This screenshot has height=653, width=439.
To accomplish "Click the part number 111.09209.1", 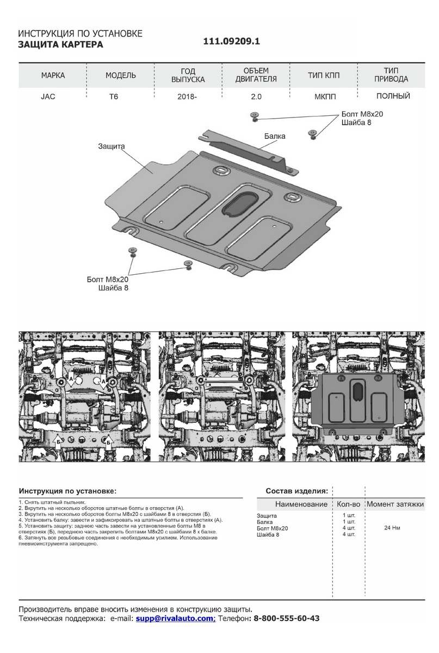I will click(232, 41).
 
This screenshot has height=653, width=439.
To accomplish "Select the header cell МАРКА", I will click(53, 76).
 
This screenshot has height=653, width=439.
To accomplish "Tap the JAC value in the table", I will click(48, 97).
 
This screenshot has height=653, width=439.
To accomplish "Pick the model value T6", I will click(114, 97).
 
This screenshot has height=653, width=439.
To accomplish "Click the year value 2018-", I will click(187, 97).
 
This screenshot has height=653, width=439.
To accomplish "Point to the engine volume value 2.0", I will click(257, 97).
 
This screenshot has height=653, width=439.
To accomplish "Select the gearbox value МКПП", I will click(325, 97).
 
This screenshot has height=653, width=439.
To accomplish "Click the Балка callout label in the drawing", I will click(275, 136).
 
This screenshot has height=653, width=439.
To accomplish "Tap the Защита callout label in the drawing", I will click(112, 146).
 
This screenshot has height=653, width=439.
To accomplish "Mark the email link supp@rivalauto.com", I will click(175, 619).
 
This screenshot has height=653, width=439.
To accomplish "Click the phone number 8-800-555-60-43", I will click(287, 619).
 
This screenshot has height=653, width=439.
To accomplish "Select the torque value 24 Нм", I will click(392, 528).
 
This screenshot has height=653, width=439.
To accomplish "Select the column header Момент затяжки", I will click(394, 504).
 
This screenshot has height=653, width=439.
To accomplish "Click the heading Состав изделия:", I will click(296, 490).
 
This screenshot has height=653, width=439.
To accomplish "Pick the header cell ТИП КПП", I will click(324, 76).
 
